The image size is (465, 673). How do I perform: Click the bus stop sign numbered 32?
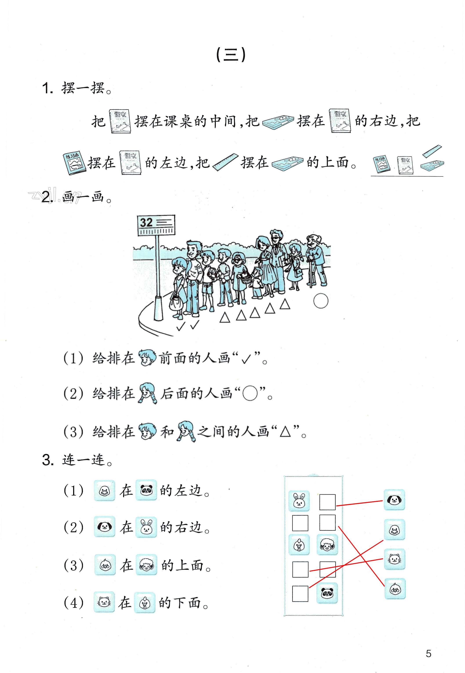(156, 225)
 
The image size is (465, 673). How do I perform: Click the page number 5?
(428, 654)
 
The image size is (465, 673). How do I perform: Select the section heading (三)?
(231, 55)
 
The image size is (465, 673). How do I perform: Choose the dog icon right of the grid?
(394, 500)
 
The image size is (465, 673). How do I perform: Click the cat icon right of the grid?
(394, 559)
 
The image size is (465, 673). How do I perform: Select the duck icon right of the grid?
(394, 529)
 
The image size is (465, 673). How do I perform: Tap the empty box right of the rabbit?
(327, 502)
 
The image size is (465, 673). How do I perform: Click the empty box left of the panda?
(300, 594)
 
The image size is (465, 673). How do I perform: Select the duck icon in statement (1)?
(104, 491)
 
